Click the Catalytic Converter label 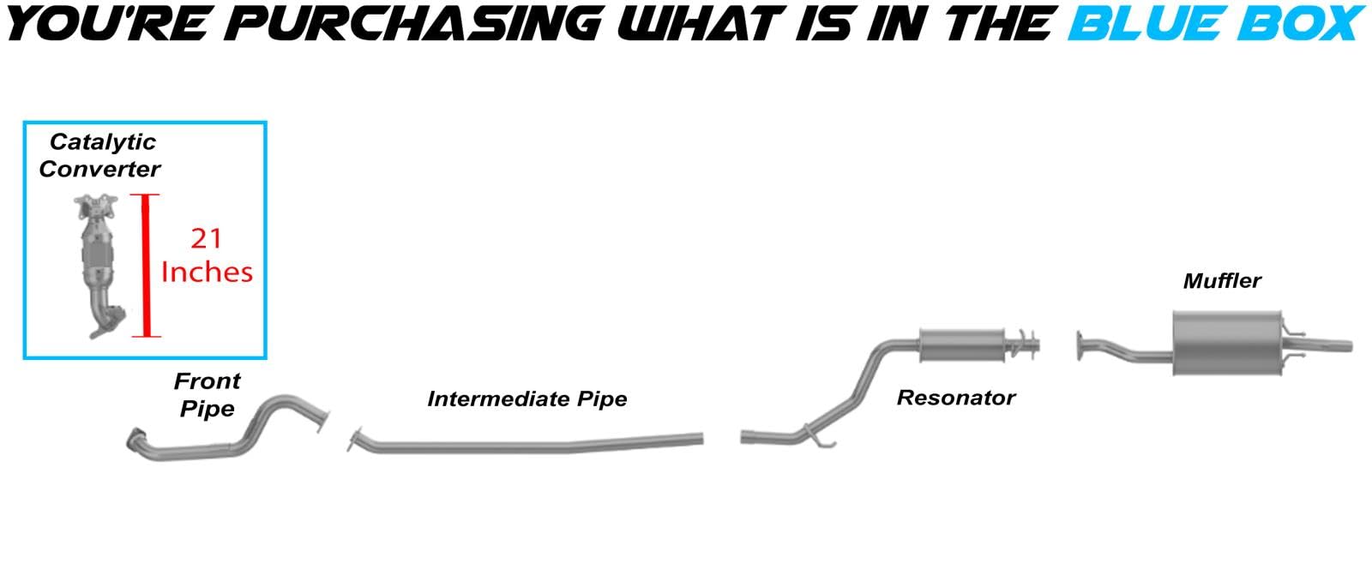pyautogui.click(x=100, y=155)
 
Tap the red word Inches pyautogui.click(x=207, y=272)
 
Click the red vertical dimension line pyautogui.click(x=146, y=266)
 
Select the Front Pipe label pyautogui.click(x=207, y=394)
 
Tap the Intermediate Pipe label pyautogui.click(x=527, y=398)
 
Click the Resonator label pyautogui.click(x=955, y=398)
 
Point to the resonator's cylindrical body pyautogui.click(x=961, y=344)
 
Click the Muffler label pyautogui.click(x=1221, y=280)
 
